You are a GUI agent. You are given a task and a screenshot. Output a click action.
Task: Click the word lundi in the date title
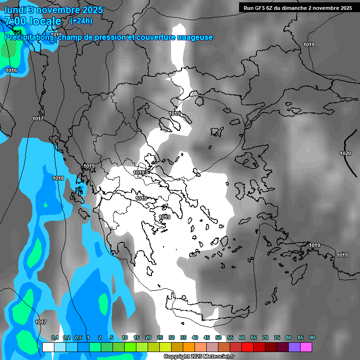click(x=16, y=10)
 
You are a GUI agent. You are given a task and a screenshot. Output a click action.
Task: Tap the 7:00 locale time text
click(x=33, y=21)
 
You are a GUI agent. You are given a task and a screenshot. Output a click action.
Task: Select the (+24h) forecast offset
click(x=81, y=21)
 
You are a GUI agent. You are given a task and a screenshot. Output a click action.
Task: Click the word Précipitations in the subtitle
click(x=28, y=37)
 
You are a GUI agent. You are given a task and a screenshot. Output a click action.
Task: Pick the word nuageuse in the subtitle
click(x=195, y=37)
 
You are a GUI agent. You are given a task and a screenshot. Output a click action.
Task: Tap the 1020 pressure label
click(x=345, y=153)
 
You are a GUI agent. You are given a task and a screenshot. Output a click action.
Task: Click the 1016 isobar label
click(x=11, y=70)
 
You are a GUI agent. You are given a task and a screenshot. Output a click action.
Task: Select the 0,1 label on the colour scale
click(x=55, y=338)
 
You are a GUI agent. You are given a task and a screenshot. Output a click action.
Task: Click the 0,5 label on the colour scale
click(x=78, y=338)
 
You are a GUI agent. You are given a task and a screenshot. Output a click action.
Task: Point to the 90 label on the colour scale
click(x=312, y=338)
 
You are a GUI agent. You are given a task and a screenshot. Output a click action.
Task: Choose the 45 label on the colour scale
click(x=207, y=338)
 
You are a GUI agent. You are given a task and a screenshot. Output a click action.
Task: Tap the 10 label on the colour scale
click(x=125, y=338)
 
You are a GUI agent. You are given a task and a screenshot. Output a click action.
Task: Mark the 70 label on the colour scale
click(x=265, y=338)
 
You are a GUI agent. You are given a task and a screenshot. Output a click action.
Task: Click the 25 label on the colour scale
click(x=160, y=338)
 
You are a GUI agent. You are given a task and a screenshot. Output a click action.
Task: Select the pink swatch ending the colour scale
click(x=306, y=347)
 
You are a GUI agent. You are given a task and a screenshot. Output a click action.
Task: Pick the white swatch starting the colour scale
click(x=48, y=347)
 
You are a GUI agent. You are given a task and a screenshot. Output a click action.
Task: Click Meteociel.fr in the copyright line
click(x=218, y=357)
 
